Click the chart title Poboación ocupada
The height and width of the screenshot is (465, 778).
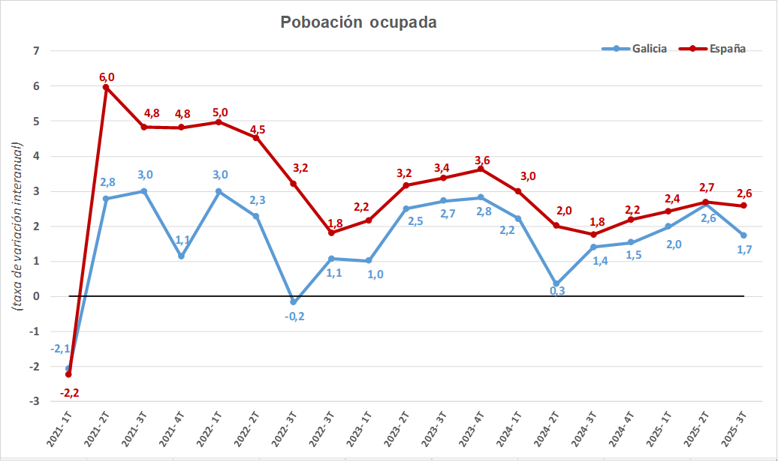coord(358,22)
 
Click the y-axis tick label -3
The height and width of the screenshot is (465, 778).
coord(33,402)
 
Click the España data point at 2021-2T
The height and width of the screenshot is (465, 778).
coord(106,87)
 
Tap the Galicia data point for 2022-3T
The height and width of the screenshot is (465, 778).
coord(294,302)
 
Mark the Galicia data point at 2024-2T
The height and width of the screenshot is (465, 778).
coord(556,285)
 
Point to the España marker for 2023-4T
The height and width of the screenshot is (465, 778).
coord(481,169)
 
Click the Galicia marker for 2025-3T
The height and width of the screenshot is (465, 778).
coord(744,235)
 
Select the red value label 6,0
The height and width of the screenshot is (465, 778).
coord(107,76)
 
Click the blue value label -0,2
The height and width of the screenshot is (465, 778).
coord(294,316)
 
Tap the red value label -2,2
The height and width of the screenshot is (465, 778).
coord(69,392)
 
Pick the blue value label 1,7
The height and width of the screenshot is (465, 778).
coord(745,250)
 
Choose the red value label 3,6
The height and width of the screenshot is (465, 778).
coord(482,160)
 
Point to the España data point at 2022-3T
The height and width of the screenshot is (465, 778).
coord(294,184)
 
